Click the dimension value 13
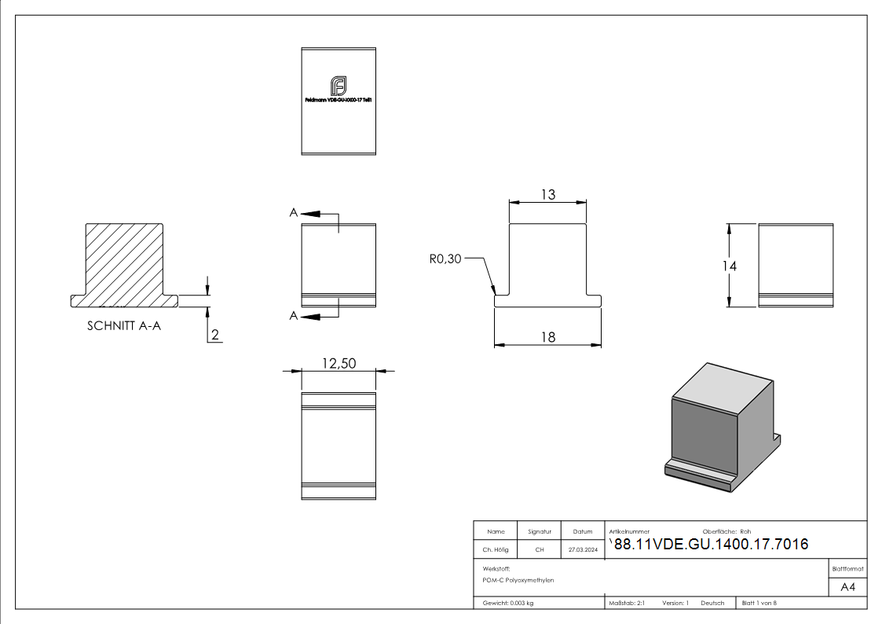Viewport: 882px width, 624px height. click(547, 194)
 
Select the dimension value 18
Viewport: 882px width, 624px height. click(547, 336)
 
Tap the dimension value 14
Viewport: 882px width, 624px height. click(730, 266)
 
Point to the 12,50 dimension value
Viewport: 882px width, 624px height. click(339, 363)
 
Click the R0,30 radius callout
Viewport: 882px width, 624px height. click(445, 259)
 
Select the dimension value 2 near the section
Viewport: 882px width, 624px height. click(214, 336)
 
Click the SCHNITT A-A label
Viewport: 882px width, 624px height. click(124, 326)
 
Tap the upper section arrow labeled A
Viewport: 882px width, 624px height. click(311, 213)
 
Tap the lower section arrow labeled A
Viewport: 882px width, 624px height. click(311, 316)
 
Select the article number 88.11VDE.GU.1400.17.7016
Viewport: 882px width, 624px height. click(711, 545)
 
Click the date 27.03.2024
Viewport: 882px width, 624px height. click(583, 550)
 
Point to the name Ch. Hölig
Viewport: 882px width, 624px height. click(496, 550)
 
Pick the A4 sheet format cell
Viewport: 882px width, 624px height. click(847, 587)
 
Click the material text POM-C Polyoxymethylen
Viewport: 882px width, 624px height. click(518, 580)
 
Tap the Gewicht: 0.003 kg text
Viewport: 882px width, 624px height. click(508, 603)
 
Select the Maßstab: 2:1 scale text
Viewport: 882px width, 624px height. click(627, 603)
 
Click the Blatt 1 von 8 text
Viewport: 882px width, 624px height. click(759, 603)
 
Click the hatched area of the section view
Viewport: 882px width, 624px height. click(126, 263)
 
